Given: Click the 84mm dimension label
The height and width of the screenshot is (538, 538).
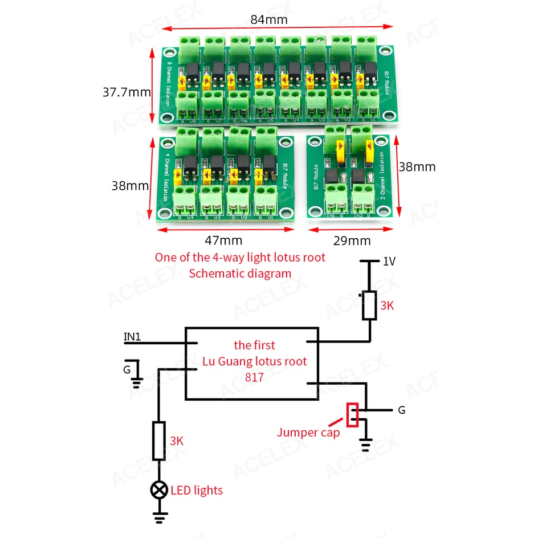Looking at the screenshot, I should pos(269,19).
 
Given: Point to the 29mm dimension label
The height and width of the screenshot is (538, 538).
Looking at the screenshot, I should pos(352,241).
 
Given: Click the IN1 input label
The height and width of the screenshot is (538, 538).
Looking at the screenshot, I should pos(132,337).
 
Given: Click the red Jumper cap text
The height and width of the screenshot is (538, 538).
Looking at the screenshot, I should pos(308,432).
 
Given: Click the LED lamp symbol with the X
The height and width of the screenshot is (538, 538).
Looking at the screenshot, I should pos(159,490).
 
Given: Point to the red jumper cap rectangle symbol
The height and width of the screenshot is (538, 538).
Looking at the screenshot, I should pos(353,415).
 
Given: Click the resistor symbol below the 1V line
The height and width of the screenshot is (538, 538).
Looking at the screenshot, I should pos(369,305).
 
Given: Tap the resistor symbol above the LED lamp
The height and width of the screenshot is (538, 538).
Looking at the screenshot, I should pos(159,441).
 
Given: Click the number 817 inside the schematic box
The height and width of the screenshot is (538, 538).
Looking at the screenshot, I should pos(254,377).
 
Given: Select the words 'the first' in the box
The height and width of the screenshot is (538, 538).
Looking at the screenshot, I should pos(254,345).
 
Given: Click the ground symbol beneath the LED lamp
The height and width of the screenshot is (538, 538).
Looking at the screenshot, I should pos(160,517).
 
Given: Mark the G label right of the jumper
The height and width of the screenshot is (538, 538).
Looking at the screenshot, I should pos(402,410).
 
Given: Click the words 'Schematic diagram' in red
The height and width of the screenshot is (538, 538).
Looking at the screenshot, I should pos(240,273).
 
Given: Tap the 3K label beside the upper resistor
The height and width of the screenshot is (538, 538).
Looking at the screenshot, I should pos(387,306).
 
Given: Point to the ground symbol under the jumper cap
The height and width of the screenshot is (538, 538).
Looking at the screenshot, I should pos(365,443).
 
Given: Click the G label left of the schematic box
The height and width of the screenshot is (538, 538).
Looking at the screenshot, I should pos(127,369).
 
